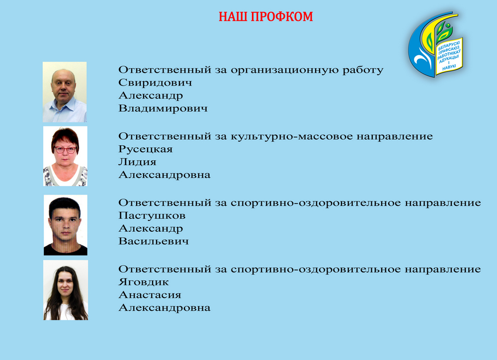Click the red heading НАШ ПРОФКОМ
tap(265, 17)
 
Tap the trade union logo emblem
tap(435, 44)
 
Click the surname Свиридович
tap(155, 83)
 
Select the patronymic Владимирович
tap(163, 109)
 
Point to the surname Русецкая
tap(146, 149)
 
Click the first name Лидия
tap(137, 162)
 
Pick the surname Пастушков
tap(152, 216)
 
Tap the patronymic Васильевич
tap(154, 241)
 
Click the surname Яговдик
tap(144, 282)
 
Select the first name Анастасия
tap(150, 295)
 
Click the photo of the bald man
tap(65, 92)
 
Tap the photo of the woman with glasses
tap(65, 156)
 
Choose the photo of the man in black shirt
tap(66, 225)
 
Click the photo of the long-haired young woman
tap(66, 290)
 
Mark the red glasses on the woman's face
tap(65, 150)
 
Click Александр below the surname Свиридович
tap(151, 96)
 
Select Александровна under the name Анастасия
tap(165, 308)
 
